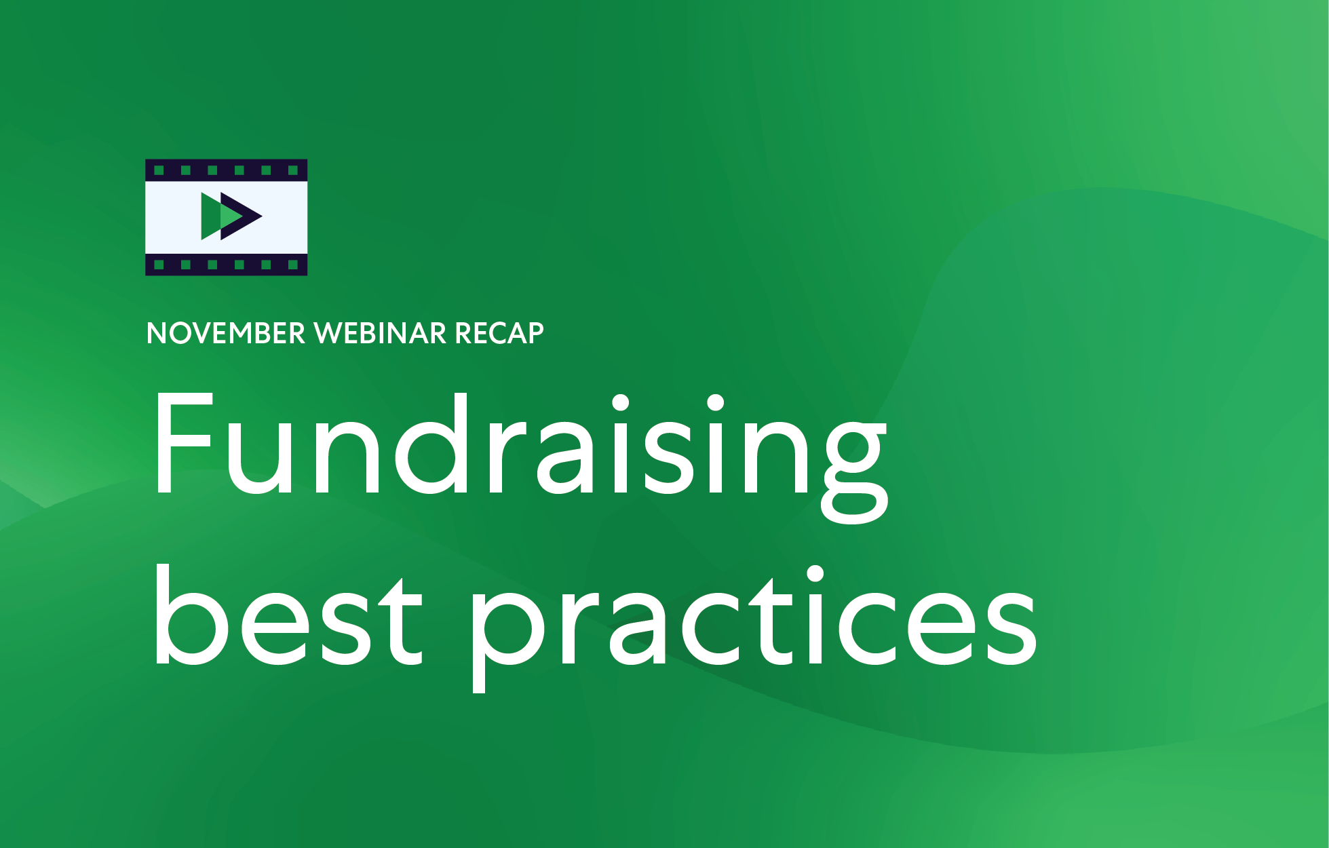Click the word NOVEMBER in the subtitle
pyautogui.click(x=226, y=333)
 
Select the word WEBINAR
pyautogui.click(x=381, y=333)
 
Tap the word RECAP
pyautogui.click(x=499, y=333)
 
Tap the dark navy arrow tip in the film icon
pyautogui.click(x=251, y=216)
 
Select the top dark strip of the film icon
pyautogui.click(x=226, y=170)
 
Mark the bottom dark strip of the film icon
pyautogui.click(x=226, y=265)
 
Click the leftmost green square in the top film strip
pyautogui.click(x=159, y=170)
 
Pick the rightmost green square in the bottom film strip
pyautogui.click(x=293, y=265)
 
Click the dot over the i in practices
pyautogui.click(x=814, y=575)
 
